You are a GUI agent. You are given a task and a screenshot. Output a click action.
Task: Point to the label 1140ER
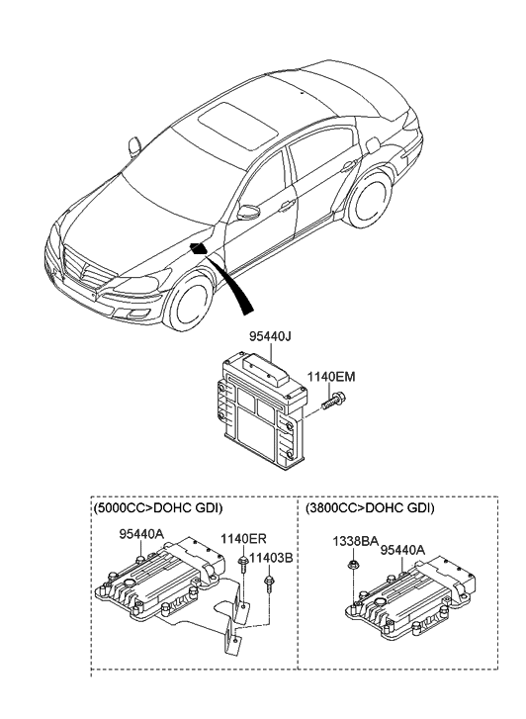tap(241, 540)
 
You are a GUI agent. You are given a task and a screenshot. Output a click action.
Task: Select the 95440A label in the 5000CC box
tap(142, 535)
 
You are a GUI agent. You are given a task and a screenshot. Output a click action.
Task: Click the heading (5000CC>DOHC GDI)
tap(157, 507)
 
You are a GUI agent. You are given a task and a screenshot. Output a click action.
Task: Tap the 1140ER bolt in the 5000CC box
tap(242, 563)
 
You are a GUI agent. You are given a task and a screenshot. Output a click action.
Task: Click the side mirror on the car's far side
tap(134, 147)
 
